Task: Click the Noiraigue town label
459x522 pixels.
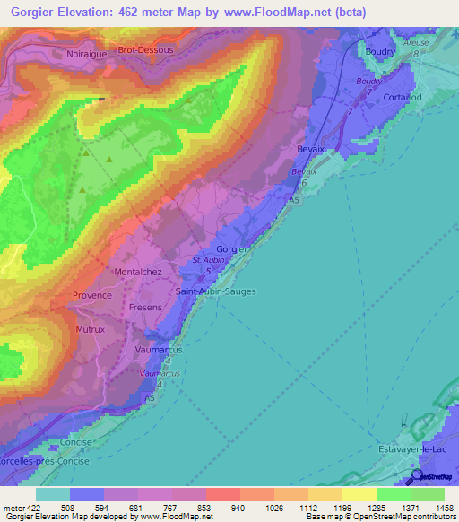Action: pos(86,54)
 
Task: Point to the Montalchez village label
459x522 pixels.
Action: pos(139,271)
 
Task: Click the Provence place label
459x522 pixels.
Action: pos(92,295)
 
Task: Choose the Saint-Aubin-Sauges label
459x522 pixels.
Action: pos(216,291)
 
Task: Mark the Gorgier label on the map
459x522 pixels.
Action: pos(231,249)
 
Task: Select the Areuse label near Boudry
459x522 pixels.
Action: pos(416,42)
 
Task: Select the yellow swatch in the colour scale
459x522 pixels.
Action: pos(359,494)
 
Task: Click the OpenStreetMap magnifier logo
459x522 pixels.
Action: pos(416,478)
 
